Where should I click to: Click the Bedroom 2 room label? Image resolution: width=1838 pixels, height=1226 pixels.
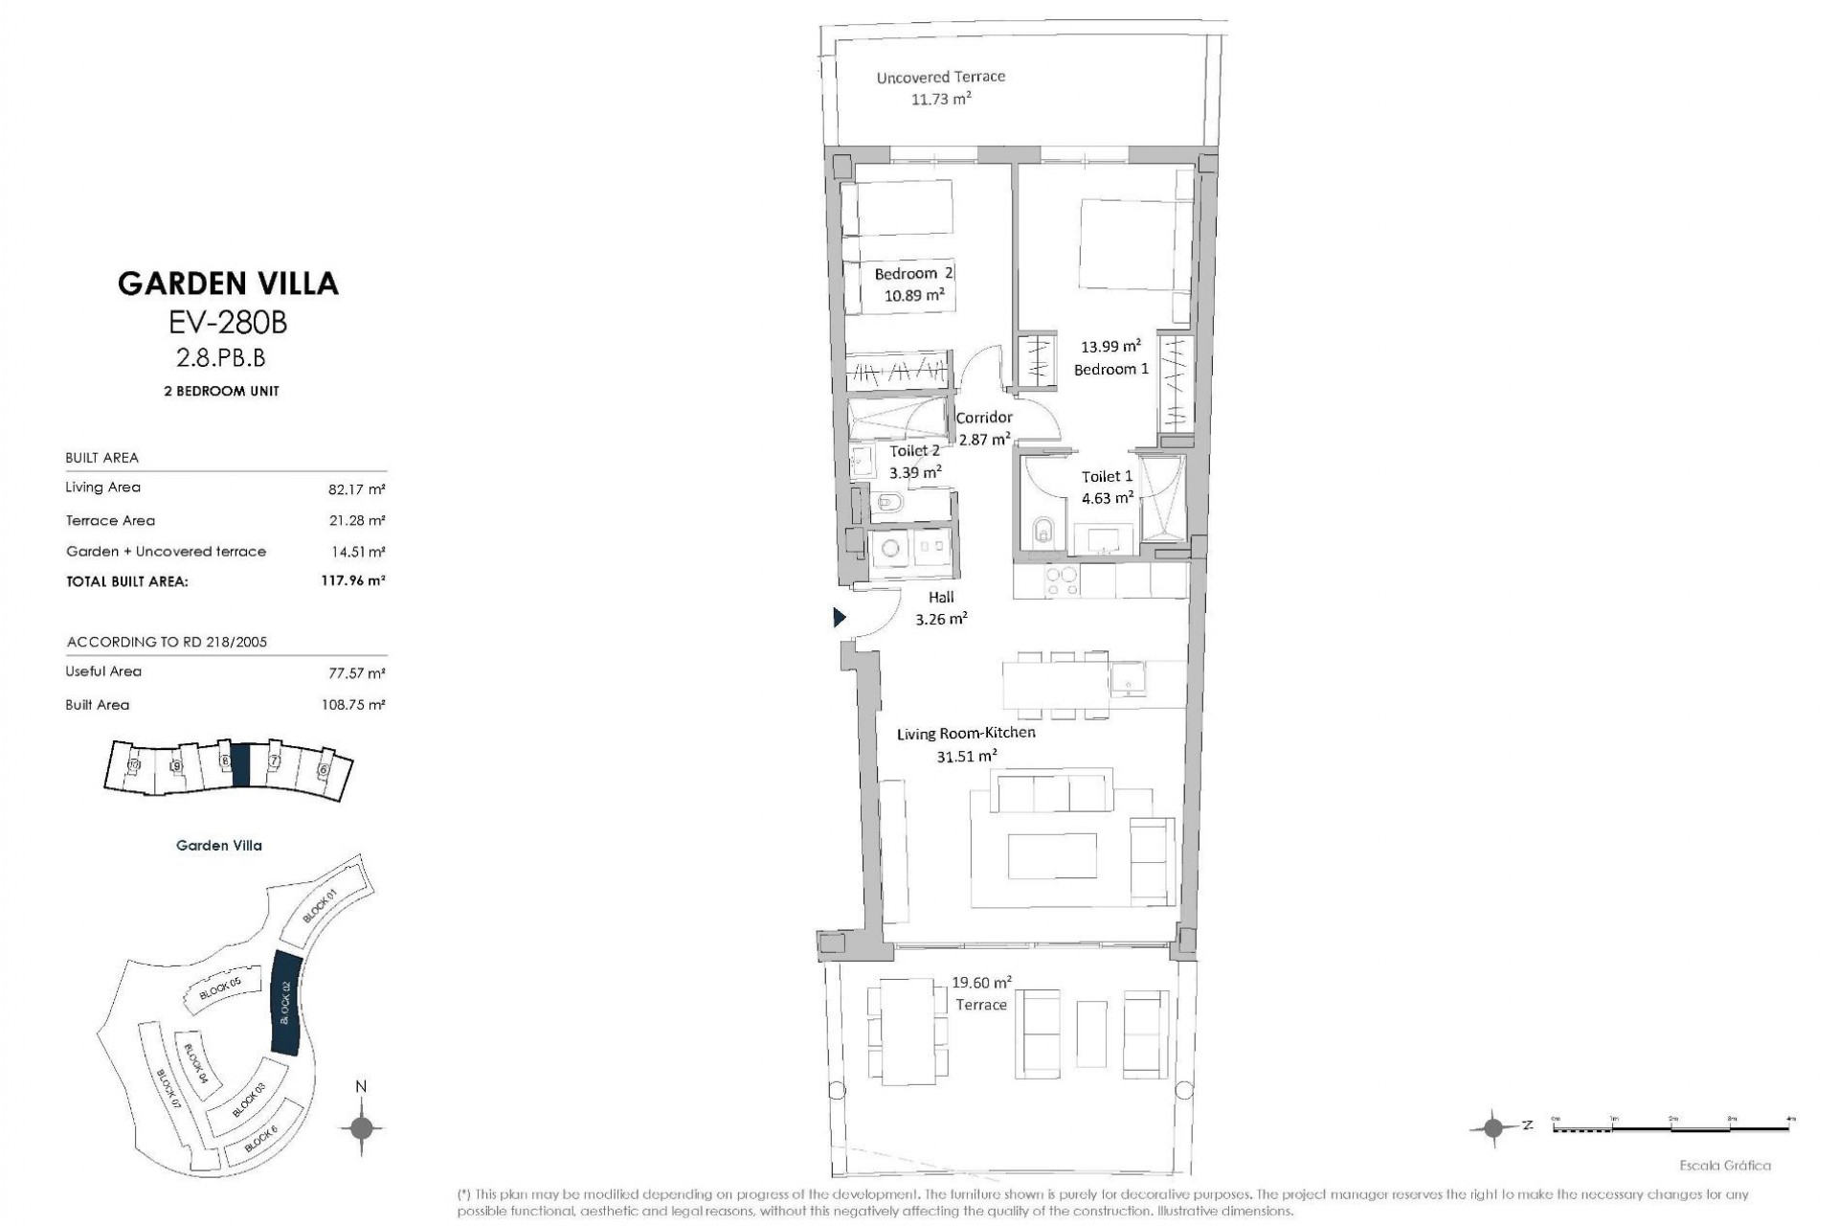(913, 274)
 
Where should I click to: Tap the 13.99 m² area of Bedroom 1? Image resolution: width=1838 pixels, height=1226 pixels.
(1110, 347)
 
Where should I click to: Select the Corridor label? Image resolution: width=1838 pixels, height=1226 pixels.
(984, 418)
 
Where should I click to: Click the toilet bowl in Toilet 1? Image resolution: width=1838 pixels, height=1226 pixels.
(1043, 530)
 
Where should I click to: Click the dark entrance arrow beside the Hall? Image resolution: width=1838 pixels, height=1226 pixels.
(840, 618)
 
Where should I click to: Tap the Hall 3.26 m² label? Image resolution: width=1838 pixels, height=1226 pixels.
(941, 608)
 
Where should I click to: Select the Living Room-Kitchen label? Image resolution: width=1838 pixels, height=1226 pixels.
(965, 734)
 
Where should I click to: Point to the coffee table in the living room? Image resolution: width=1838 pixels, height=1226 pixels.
(1052, 855)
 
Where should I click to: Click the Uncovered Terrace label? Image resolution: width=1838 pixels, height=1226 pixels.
(940, 77)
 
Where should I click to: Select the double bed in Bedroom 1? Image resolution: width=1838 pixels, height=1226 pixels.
(1134, 244)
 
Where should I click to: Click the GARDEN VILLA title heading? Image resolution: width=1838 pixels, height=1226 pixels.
(228, 284)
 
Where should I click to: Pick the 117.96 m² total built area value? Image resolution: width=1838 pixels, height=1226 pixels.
(352, 580)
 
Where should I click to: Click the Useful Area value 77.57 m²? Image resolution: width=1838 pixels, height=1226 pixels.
(355, 673)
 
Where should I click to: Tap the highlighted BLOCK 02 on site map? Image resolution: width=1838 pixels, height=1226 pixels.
(286, 1003)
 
